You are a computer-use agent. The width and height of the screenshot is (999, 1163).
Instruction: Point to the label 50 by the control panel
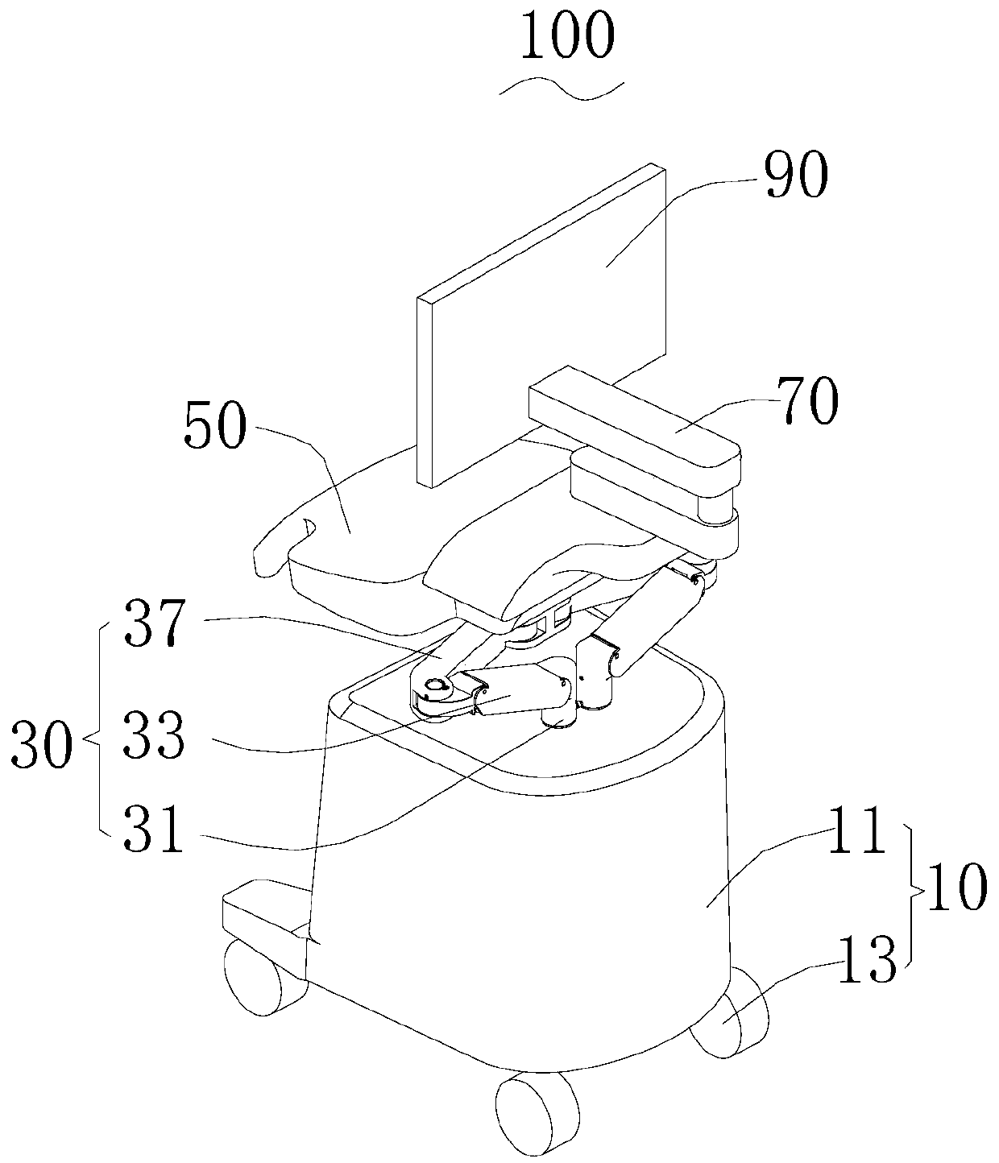(x=213, y=427)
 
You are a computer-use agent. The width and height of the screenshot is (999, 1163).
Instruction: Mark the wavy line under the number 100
(x=562, y=89)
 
